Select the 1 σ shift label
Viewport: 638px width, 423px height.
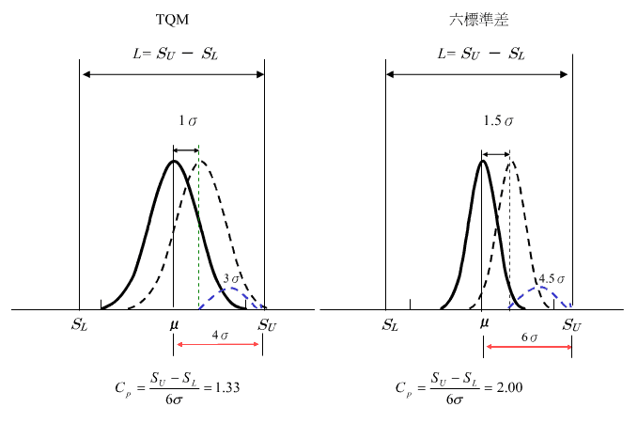point(188,121)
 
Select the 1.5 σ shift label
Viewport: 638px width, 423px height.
point(498,121)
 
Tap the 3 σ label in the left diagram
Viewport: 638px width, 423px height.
point(232,278)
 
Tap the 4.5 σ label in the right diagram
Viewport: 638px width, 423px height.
point(551,279)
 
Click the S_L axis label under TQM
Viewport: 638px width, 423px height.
point(81,325)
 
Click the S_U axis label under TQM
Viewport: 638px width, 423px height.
point(266,325)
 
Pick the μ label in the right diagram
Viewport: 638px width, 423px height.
point(484,323)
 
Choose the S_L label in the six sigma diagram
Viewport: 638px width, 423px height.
point(389,325)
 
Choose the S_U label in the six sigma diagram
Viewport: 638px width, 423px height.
point(571,325)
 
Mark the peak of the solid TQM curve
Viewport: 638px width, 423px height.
point(173,161)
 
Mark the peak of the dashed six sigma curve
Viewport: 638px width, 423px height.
point(511,161)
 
